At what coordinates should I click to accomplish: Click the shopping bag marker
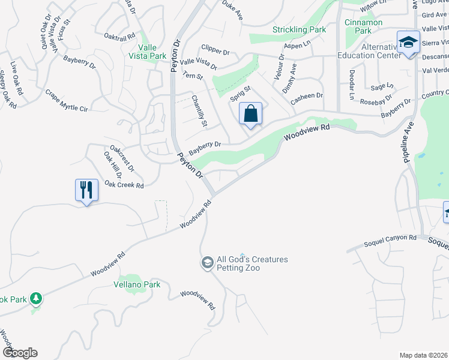[250, 114]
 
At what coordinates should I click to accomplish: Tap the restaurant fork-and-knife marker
[86, 190]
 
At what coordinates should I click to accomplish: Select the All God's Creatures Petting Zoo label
[252, 263]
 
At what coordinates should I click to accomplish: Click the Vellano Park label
[137, 284]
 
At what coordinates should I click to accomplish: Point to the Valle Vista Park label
[152, 52]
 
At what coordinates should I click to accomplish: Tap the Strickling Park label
[299, 29]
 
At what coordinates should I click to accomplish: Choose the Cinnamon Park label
[363, 27]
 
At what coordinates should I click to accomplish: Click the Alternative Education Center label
[373, 50]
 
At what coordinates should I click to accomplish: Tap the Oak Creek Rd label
[124, 185]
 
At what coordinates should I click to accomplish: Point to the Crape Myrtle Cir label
[66, 101]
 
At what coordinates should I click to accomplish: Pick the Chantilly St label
[199, 111]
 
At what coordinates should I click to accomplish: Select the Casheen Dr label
[307, 95]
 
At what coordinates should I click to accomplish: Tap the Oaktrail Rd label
[119, 37]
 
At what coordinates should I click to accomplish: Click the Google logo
[20, 353]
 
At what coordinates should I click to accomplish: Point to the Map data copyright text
[423, 355]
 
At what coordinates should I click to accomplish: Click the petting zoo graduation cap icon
[207, 263]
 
